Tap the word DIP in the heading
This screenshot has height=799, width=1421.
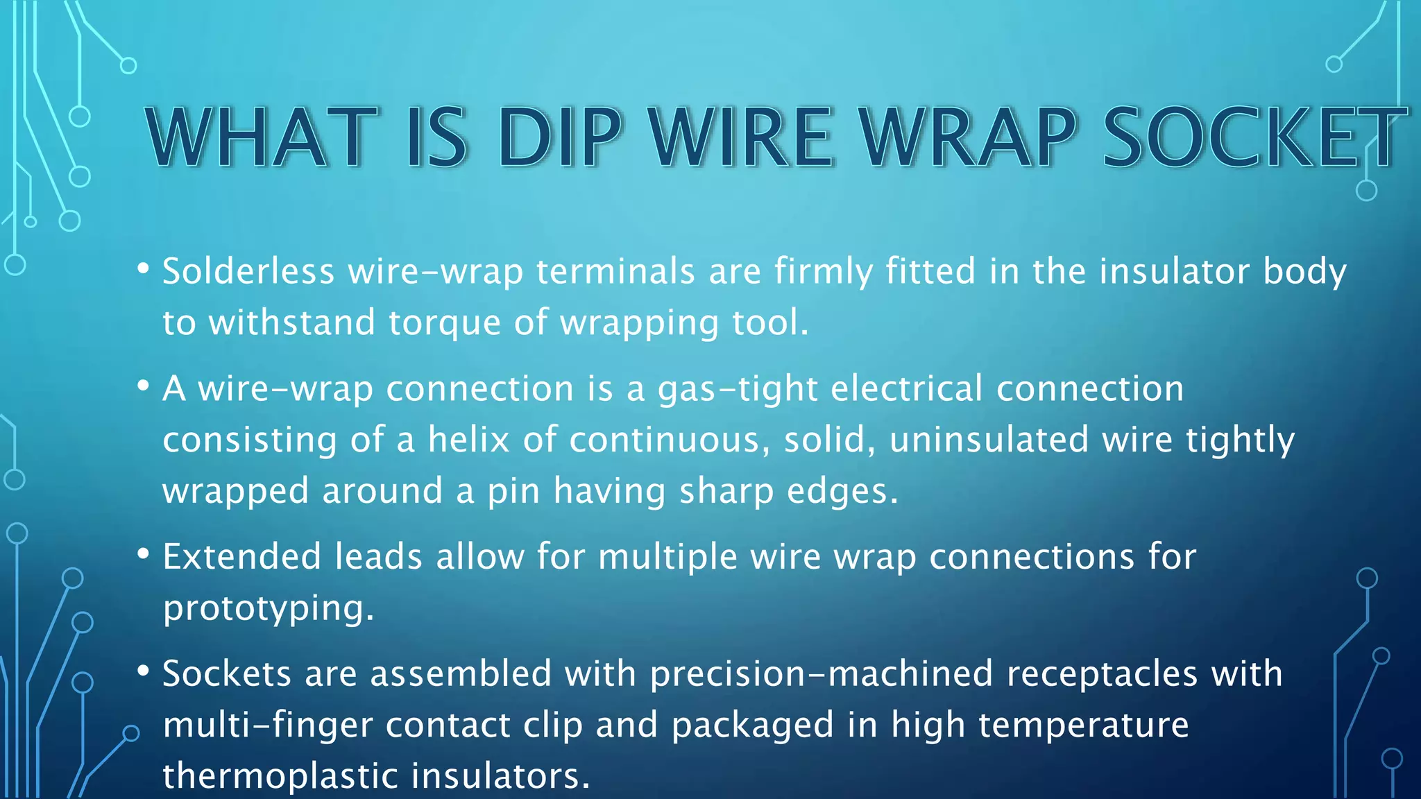[x=559, y=137]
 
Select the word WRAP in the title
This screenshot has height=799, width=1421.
[x=967, y=137]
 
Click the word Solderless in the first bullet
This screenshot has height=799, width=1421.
[x=248, y=271]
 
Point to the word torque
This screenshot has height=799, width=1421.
[x=444, y=323]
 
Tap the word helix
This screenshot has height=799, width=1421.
[x=468, y=440]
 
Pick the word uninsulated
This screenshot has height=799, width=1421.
[x=989, y=440]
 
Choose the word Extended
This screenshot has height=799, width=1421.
[x=241, y=557]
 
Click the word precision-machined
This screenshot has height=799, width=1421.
[x=821, y=674]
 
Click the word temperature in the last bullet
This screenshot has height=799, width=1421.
[x=1083, y=725]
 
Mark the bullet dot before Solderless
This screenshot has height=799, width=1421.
[x=143, y=268]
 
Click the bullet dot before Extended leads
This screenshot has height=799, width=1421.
[x=143, y=553]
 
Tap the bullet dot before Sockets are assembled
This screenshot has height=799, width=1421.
[x=143, y=670]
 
